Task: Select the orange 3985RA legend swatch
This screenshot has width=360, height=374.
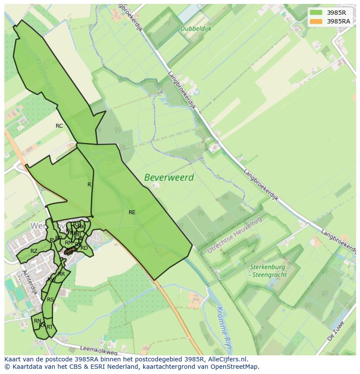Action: (316, 21)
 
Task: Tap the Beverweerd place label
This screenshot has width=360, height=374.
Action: (169, 178)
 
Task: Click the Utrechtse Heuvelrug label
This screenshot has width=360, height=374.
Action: (235, 235)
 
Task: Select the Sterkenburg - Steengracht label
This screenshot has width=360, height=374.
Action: (267, 271)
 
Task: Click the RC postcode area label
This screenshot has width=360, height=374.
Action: (59, 126)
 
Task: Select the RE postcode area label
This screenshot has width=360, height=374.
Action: (132, 212)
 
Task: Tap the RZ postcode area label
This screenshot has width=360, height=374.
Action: (34, 251)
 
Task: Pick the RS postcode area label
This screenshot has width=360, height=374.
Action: (50, 300)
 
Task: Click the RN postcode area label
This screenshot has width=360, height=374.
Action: (37, 321)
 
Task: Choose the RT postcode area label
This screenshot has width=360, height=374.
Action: (50, 327)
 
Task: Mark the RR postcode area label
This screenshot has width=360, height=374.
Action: (61, 274)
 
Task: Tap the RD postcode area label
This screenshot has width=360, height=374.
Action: (84, 248)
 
